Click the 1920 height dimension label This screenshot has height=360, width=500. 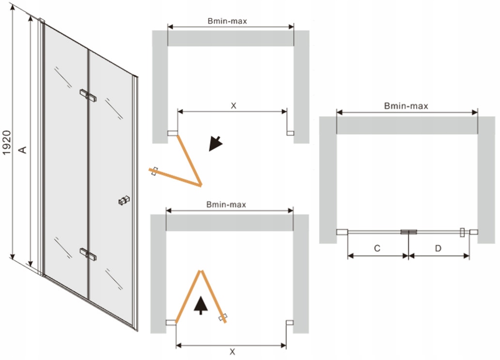[7, 142]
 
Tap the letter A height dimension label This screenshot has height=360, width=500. [22, 150]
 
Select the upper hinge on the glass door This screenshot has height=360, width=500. [88, 95]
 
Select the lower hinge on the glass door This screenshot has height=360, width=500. [88, 254]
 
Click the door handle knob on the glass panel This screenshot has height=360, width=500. [124, 200]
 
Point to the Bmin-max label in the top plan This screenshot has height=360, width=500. [227, 21]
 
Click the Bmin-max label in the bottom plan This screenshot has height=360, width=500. [226, 204]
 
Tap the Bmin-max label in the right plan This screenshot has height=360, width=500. [406, 106]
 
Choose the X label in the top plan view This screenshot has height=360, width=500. [234, 106]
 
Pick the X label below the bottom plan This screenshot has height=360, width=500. [233, 352]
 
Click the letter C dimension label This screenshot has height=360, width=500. [377, 248]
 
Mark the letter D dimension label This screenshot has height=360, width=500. [438, 248]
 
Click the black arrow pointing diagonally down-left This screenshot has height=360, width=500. [215, 143]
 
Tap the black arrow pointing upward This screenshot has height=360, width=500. [201, 305]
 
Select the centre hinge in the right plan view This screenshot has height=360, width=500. [408, 232]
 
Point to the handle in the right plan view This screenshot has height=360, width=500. [462, 232]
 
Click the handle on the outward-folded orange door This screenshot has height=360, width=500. [155, 171]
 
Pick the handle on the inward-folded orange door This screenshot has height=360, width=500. [222, 317]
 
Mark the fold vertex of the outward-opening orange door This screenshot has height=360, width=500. [201, 185]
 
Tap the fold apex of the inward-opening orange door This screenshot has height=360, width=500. [201, 271]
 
